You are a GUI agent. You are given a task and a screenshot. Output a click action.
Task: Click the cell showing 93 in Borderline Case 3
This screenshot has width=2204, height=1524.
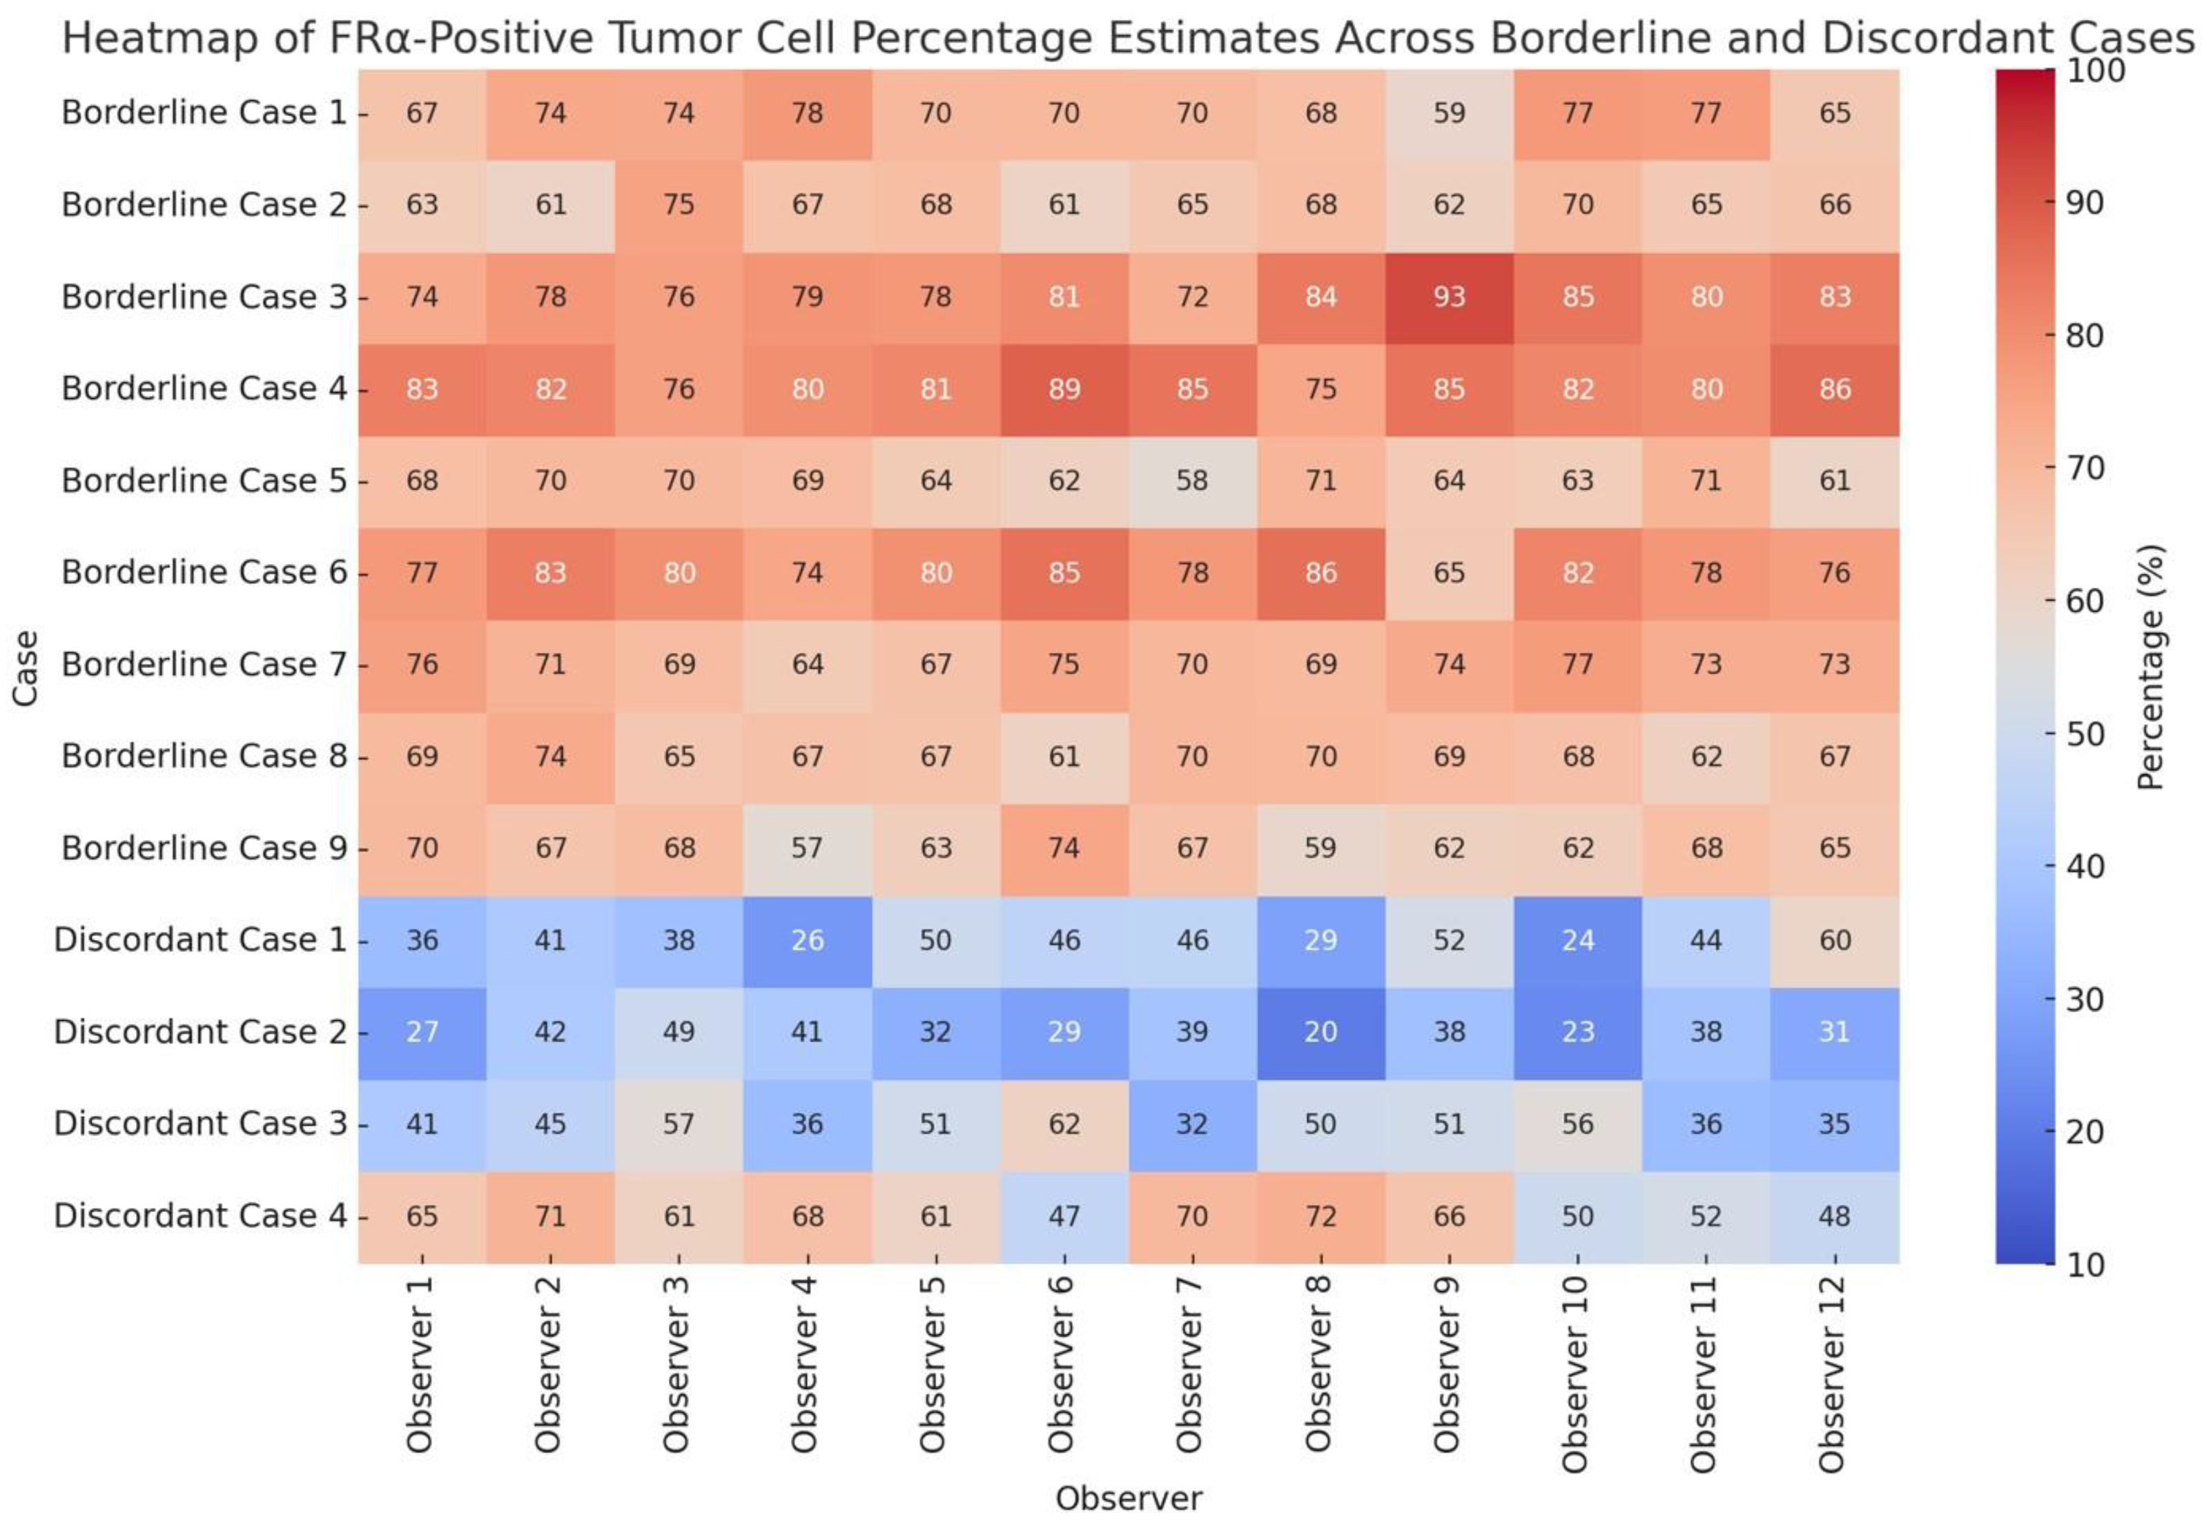(x=1449, y=297)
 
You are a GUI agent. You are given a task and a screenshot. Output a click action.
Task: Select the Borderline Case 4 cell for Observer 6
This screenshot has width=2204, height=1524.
(x=1064, y=389)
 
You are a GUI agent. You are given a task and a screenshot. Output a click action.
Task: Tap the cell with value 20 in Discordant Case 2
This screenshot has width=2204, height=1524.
(x=1320, y=1031)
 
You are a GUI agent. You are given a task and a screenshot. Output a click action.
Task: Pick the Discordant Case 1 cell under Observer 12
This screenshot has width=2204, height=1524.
(x=1835, y=939)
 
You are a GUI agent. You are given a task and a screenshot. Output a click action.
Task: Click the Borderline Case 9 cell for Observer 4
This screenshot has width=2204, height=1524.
(x=807, y=848)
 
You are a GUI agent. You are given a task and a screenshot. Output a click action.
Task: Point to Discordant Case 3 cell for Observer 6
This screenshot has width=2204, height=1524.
(x=1064, y=1124)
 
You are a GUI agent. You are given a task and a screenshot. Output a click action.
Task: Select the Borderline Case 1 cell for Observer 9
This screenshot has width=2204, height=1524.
(x=1449, y=113)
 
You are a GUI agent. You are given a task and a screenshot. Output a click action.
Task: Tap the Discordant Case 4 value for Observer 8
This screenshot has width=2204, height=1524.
(x=1320, y=1215)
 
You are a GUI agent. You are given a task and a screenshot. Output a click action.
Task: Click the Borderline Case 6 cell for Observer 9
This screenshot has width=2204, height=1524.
(x=1449, y=573)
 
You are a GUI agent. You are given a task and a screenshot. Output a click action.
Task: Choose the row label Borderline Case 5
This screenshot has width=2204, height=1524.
(x=204, y=480)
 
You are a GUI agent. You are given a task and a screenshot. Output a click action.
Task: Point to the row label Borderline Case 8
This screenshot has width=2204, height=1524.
(x=204, y=756)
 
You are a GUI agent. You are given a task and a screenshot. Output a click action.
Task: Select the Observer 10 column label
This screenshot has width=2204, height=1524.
(x=1577, y=1375)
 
